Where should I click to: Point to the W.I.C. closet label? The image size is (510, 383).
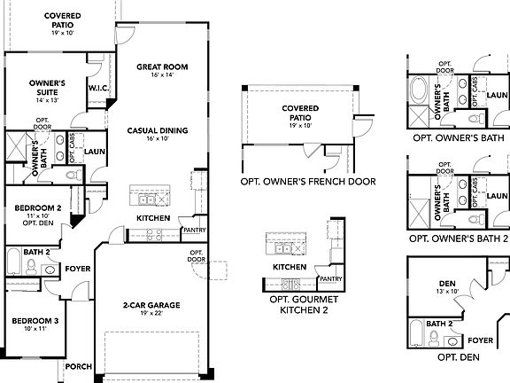pos(97,89)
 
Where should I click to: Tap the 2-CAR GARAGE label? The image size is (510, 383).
pos(151,305)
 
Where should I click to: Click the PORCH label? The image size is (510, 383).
pos(78,365)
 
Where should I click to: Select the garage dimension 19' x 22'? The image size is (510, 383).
pos(151,314)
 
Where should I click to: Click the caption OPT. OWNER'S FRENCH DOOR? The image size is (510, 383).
pos(307,182)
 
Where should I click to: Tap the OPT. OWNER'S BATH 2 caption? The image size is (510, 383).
pos(458,238)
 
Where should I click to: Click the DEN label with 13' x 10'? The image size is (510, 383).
pos(446,283)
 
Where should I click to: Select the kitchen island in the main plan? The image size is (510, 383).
pos(149,194)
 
